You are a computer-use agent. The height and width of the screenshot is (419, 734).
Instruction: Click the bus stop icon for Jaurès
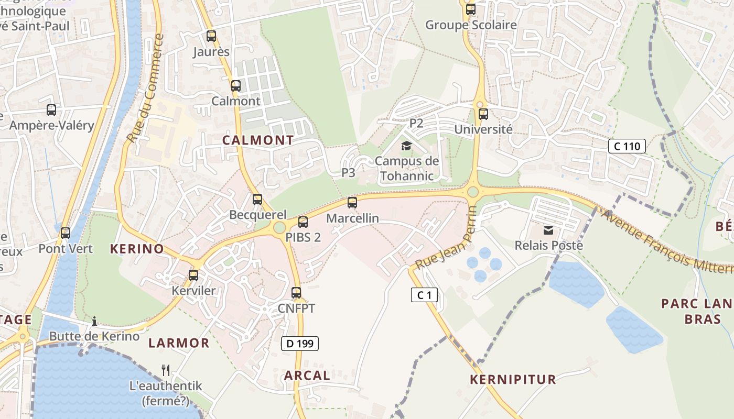click(x=211, y=36)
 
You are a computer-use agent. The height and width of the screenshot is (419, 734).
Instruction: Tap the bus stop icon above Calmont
click(x=236, y=86)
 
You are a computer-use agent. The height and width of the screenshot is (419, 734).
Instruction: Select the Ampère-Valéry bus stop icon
click(x=51, y=110)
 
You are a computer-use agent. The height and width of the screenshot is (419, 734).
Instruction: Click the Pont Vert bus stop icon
click(x=66, y=233)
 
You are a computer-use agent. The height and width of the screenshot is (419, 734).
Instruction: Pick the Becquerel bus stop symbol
click(x=257, y=200)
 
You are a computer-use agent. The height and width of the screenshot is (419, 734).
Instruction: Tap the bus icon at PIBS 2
click(x=303, y=222)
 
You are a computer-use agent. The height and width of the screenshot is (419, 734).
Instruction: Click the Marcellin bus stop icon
click(x=352, y=203)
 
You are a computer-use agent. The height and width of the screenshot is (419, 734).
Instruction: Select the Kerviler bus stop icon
click(x=193, y=275)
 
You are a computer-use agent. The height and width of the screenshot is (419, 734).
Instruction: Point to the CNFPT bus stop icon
click(x=296, y=293)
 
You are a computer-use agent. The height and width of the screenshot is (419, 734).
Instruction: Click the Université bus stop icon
click(x=483, y=114)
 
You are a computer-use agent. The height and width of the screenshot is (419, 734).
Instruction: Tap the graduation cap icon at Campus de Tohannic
click(x=407, y=146)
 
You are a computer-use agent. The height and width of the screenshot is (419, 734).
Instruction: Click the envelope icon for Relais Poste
click(x=548, y=230)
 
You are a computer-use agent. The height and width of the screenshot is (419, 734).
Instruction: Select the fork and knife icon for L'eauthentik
click(x=166, y=370)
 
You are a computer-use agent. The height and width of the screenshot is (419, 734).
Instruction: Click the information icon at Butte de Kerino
click(x=94, y=321)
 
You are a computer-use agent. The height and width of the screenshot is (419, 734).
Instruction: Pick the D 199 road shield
click(x=300, y=344)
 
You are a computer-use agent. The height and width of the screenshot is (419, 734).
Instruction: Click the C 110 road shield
click(x=627, y=146)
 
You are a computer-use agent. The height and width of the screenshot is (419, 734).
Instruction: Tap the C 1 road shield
click(x=424, y=295)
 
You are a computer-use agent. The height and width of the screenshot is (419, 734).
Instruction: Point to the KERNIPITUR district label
click(x=513, y=380)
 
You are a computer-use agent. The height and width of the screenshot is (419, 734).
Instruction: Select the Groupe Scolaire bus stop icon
click(x=471, y=9)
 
